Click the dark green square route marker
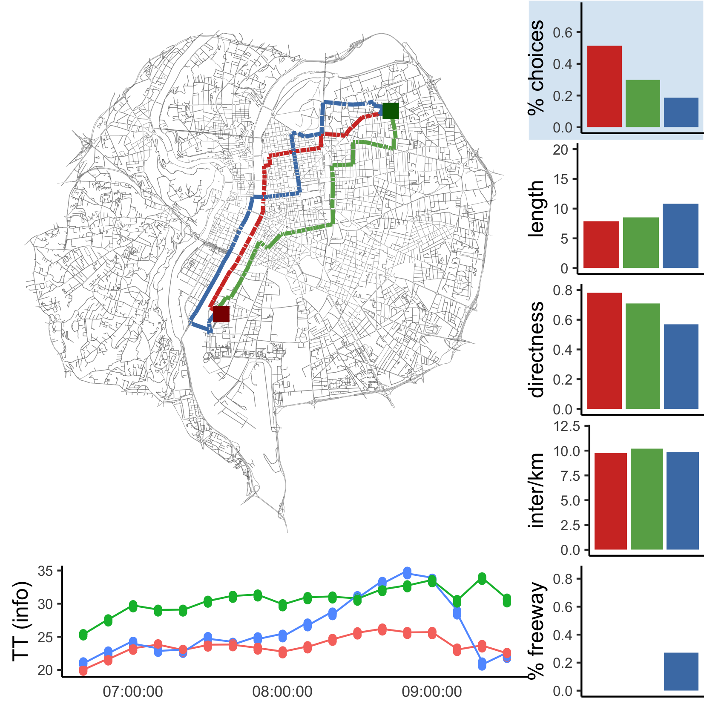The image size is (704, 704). (391, 111)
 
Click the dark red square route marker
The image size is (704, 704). (221, 314)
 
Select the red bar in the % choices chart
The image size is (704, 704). (604, 86)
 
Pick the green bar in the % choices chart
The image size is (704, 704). (643, 103)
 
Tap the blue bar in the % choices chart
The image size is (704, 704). (681, 112)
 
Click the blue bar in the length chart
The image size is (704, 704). (681, 236)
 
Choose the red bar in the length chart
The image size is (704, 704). (601, 244)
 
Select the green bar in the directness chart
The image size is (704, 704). (643, 356)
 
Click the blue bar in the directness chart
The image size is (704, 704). (681, 367)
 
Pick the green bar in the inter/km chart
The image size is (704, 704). (647, 499)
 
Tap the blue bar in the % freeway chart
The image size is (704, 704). (681, 672)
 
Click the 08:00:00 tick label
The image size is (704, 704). (282, 692)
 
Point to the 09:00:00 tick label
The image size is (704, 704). (432, 692)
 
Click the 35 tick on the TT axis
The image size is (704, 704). (45, 571)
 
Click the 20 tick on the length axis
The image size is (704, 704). (560, 149)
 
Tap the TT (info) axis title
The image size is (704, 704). (21, 621)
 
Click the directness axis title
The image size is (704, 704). (537, 350)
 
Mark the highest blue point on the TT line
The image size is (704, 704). (407, 573)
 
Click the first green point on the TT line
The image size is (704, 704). (83, 635)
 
